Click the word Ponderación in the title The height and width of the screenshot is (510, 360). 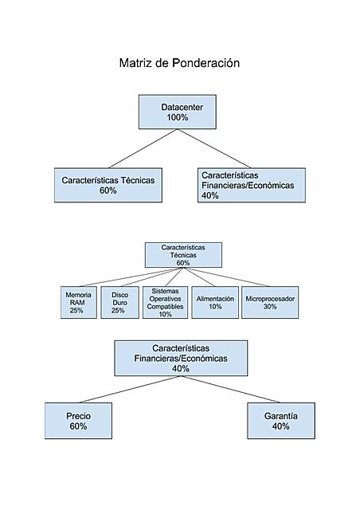[205, 63]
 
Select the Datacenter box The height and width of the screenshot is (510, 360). [178, 111]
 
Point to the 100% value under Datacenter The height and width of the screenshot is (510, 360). [178, 117]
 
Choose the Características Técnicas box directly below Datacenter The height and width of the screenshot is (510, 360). [108, 185]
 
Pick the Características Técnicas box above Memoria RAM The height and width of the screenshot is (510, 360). [183, 255]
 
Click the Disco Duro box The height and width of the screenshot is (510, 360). [119, 302]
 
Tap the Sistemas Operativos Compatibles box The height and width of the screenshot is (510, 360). [166, 302]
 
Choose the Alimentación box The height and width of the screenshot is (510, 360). [215, 302]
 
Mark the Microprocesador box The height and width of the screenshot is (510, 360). [270, 302]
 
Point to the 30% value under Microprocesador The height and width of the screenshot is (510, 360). [270, 307]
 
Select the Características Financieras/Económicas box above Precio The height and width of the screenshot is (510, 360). [181, 358]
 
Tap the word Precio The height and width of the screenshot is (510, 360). [78, 416]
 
